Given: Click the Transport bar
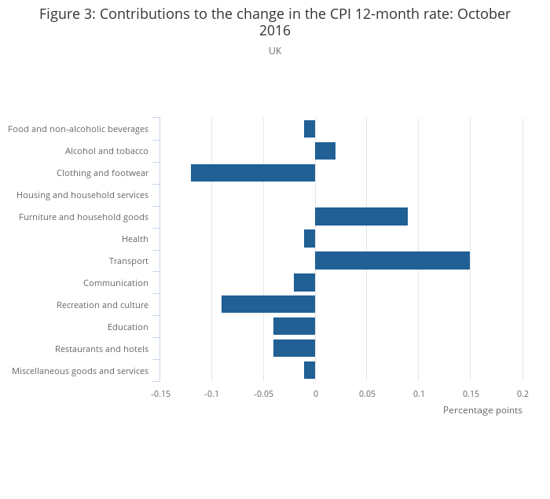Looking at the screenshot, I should [392, 260].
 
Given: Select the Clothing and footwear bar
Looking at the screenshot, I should [253, 173].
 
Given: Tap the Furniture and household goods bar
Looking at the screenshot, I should [361, 216].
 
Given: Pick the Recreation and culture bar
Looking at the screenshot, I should [268, 304].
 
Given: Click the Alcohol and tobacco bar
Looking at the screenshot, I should [325, 151].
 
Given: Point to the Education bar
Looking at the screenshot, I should [294, 326].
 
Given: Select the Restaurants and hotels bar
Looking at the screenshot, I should [294, 348].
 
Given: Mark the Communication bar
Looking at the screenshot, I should [304, 282].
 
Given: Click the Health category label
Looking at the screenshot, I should [135, 239].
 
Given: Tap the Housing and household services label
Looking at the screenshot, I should [82, 195].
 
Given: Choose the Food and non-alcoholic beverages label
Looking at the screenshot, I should [78, 129].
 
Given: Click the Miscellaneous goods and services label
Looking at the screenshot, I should [80, 371].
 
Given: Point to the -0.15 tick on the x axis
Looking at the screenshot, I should [160, 394].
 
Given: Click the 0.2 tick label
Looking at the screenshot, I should [522, 394].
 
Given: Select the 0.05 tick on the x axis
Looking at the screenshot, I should [367, 394].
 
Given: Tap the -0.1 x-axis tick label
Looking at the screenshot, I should [211, 394].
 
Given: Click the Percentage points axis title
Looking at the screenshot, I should [482, 410].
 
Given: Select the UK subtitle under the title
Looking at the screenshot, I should [275, 51].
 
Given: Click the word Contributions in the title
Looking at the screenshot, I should [138, 14].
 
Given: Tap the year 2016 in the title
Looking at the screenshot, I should [275, 31].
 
